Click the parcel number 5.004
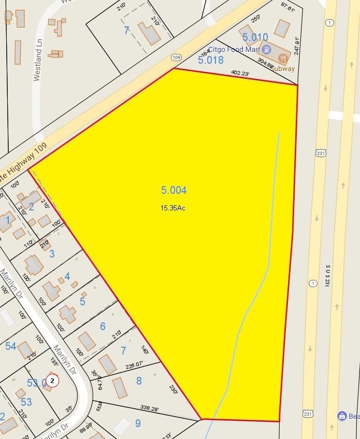(174, 190)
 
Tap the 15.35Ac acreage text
(172, 208)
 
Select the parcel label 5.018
(211, 60)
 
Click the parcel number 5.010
(255, 37)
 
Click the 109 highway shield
(176, 57)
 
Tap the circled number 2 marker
(52, 381)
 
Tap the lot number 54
(11, 346)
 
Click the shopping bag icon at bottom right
(341, 416)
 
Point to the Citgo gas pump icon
(266, 50)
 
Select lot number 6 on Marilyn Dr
(103, 326)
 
